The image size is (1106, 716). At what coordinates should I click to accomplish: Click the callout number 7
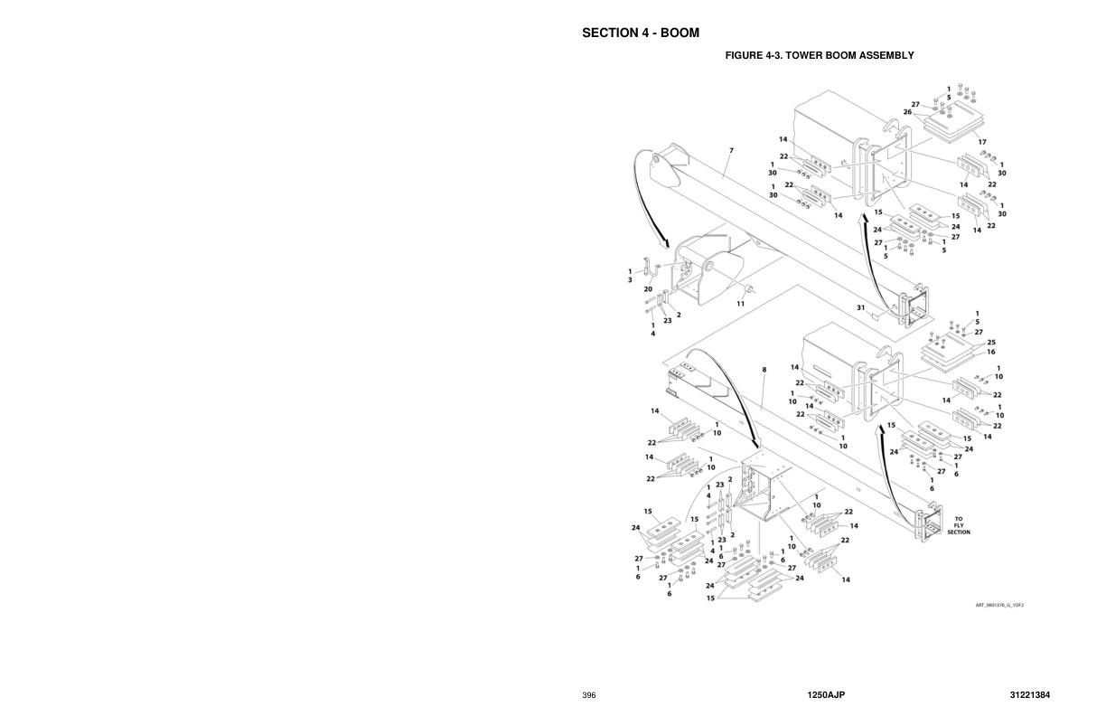tap(731, 150)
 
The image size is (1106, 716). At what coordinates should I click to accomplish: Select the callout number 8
tap(764, 370)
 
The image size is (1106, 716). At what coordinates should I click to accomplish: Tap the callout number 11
tap(740, 304)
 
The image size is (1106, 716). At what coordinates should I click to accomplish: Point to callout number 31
tap(861, 308)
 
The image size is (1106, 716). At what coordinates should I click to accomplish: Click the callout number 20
tap(648, 289)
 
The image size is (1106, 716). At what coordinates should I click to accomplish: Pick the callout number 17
tap(981, 142)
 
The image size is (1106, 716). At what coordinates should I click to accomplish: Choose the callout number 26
tap(907, 112)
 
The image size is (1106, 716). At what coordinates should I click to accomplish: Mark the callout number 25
tap(990, 343)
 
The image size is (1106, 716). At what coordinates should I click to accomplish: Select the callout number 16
tap(990, 352)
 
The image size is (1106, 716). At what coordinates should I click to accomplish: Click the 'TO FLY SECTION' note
tap(958, 525)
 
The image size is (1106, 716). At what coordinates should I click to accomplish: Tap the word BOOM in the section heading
tap(680, 33)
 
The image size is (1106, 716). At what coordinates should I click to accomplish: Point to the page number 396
tap(589, 695)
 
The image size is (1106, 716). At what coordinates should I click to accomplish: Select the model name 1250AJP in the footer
tap(826, 695)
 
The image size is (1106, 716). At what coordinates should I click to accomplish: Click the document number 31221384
tap(1030, 695)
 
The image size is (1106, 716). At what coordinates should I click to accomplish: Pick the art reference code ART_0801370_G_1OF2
tap(998, 605)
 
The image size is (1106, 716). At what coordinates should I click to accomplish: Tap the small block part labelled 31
tap(874, 316)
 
